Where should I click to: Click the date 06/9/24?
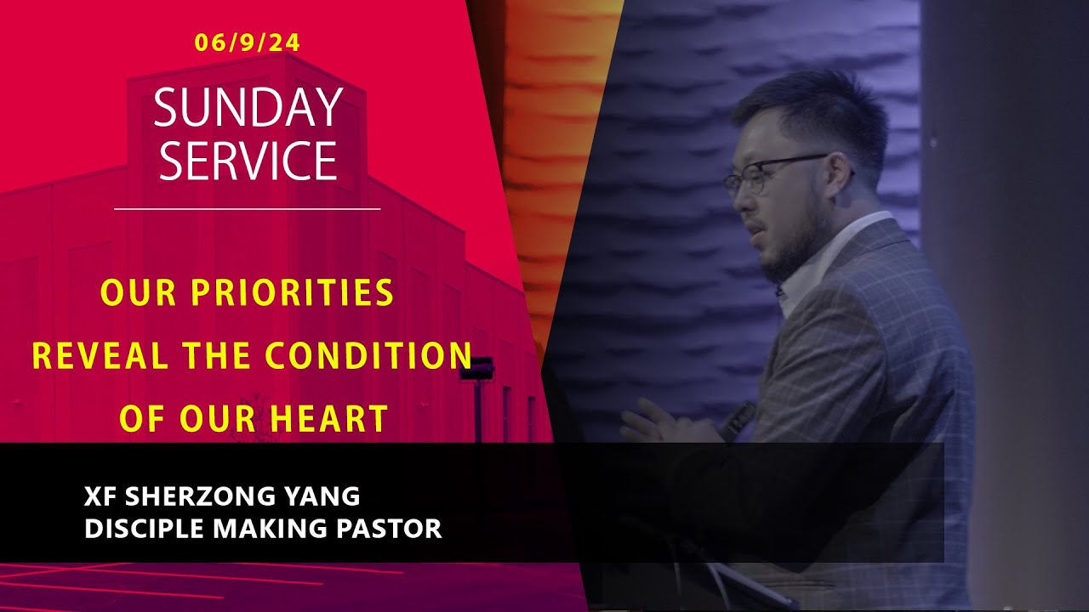247,42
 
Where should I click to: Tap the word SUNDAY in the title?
248,108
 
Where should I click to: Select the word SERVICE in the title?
248,160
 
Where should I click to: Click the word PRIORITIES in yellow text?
292,293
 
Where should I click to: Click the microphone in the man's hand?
738,418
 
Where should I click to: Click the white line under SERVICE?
247,208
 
